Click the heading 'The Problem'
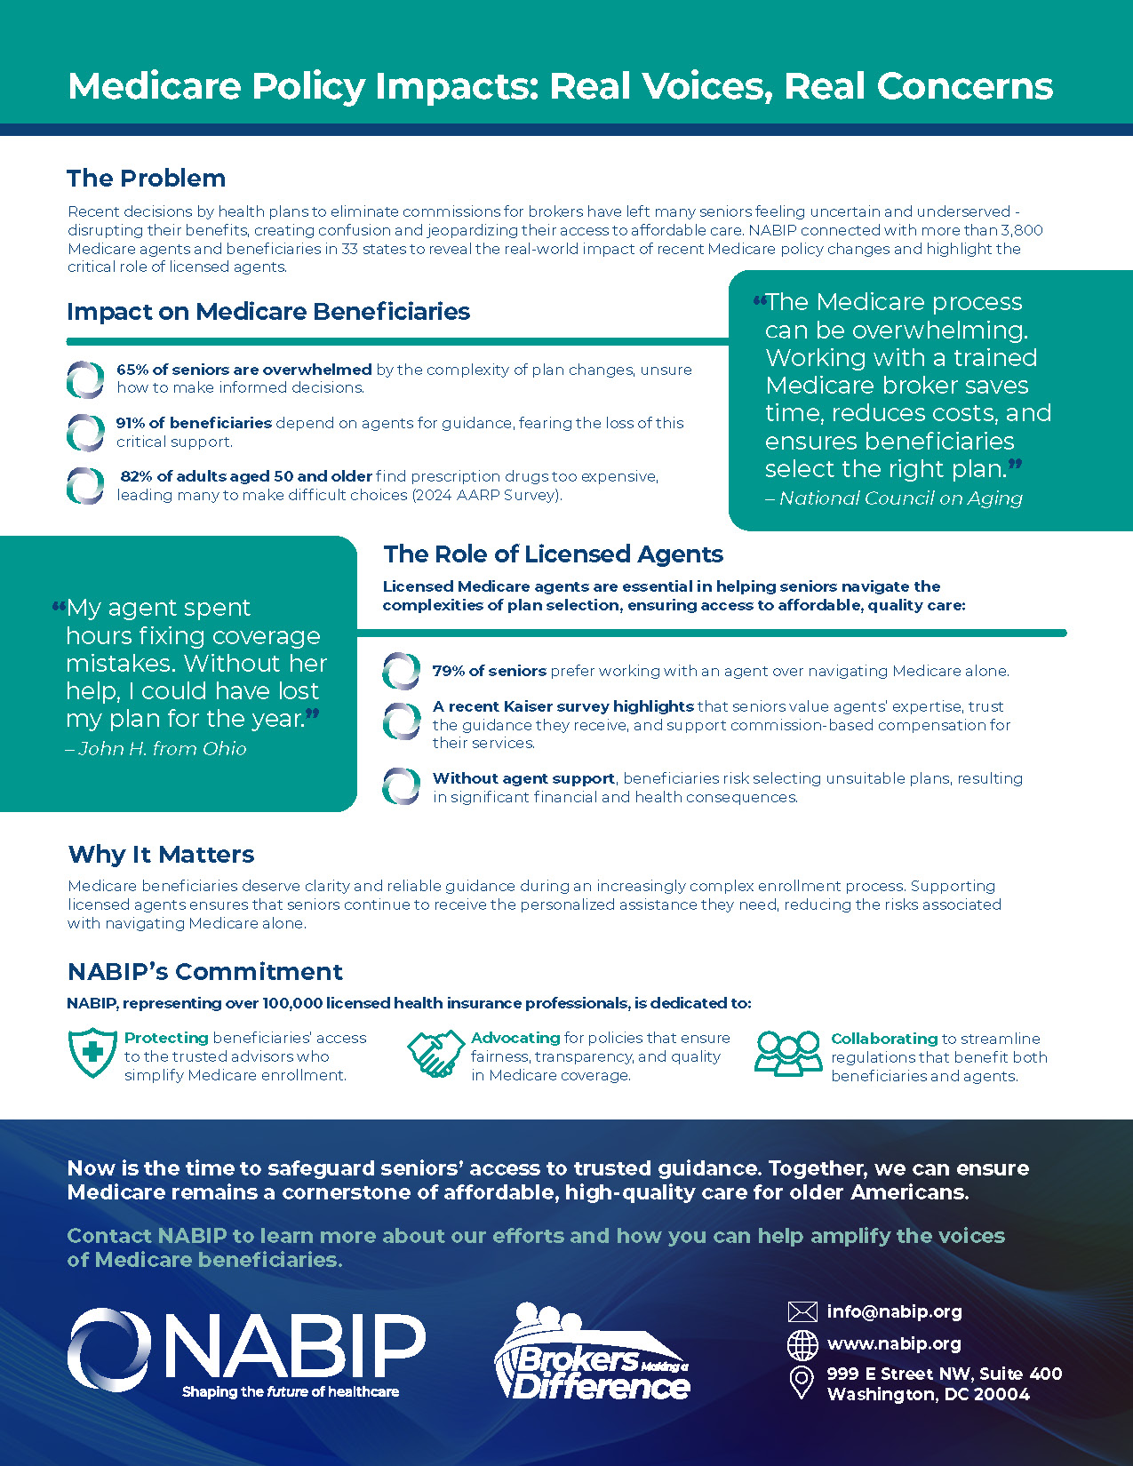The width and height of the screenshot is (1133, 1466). coord(146,178)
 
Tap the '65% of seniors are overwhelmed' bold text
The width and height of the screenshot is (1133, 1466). coord(243,370)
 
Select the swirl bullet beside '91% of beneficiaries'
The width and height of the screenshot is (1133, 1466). coord(85,433)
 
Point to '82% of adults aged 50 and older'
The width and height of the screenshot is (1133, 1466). coord(246,476)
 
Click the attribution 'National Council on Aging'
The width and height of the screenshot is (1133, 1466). coord(899,498)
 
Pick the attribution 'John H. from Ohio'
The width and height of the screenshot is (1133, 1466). coord(161,749)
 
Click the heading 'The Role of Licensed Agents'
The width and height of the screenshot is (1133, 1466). coord(553,554)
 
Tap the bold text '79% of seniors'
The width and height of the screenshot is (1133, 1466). coord(489,671)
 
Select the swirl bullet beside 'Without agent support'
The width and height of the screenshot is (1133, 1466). coord(401,787)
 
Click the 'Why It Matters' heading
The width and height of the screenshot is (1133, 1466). coord(161,855)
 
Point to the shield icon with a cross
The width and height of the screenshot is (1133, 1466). coord(92,1053)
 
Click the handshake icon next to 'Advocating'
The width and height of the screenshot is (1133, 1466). coord(435,1054)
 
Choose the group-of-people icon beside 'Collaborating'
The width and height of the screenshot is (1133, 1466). coord(788,1054)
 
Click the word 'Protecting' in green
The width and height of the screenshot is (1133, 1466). coord(166,1038)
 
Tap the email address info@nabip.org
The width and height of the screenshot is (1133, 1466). coord(894,1311)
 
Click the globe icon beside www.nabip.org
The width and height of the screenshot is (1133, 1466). coord(802,1345)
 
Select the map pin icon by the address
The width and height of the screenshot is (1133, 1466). coord(802,1382)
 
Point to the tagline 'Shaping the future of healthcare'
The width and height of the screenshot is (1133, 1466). coord(291,1391)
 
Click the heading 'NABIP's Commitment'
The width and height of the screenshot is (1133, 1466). coord(205,972)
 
